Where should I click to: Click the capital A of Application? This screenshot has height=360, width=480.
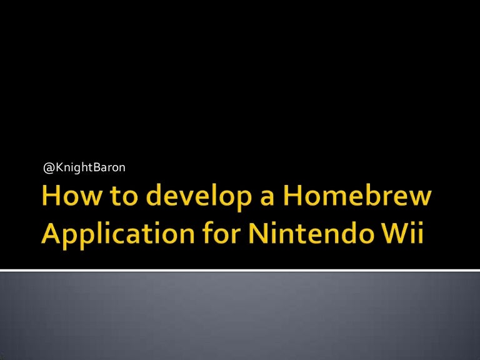click(x=52, y=235)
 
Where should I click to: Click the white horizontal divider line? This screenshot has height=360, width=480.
click(x=240, y=270)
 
